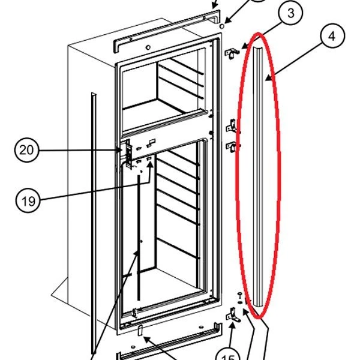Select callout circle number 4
331,37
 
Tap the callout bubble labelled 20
26,151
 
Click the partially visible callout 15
227,355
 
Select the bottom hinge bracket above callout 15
233,315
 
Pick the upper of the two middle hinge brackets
232,127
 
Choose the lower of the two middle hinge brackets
232,145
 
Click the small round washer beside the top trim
223,27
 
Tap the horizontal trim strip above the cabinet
162,23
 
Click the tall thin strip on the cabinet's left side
92,222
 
